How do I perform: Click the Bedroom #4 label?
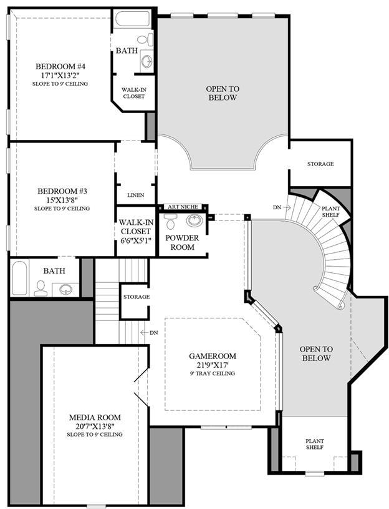(x=60, y=67)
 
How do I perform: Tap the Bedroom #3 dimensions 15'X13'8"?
(x=62, y=200)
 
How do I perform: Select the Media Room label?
(x=95, y=417)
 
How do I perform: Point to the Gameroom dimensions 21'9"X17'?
(x=213, y=365)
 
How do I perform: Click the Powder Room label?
(x=183, y=242)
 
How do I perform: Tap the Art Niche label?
(x=183, y=207)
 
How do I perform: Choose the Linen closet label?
(x=136, y=195)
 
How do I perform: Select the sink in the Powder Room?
(x=194, y=220)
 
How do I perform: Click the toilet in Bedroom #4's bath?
(x=146, y=39)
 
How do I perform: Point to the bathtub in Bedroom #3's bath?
(x=19, y=278)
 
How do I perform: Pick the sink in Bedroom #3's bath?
(x=65, y=289)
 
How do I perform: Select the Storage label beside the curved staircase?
(x=320, y=164)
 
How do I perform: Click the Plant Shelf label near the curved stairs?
(x=330, y=212)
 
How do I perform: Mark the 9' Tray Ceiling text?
(x=213, y=373)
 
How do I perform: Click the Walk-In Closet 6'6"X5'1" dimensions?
(x=136, y=240)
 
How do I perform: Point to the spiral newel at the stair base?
(x=340, y=305)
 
